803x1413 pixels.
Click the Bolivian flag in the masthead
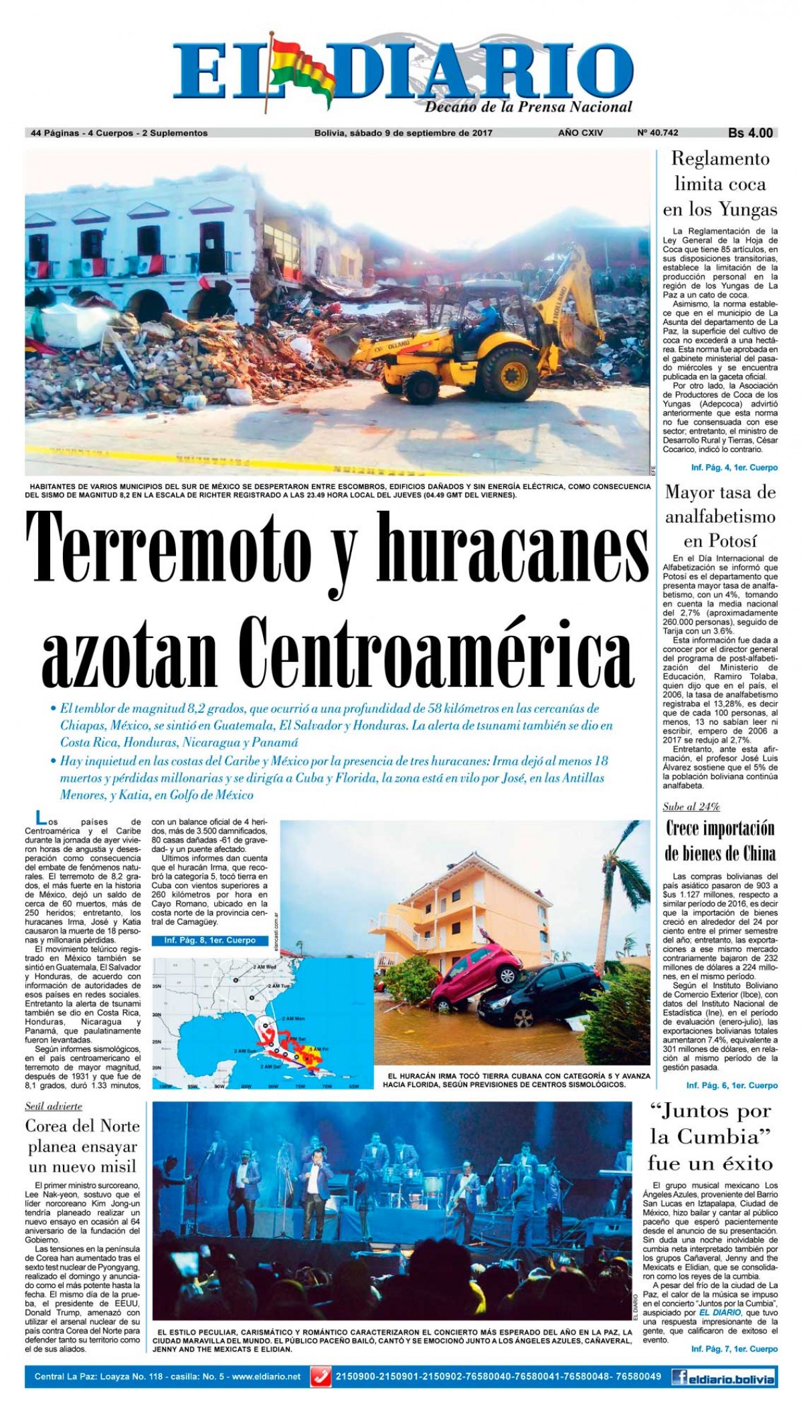click(298, 75)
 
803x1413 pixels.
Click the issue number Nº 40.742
click(660, 133)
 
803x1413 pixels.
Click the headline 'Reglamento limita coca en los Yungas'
click(720, 184)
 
